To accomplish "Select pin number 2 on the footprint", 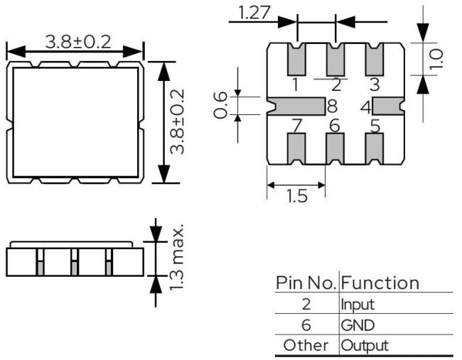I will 335,86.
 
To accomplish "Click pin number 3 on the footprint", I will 375,86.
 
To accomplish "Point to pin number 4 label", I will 365,107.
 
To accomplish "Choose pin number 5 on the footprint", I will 375,126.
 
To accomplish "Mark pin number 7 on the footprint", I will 296,126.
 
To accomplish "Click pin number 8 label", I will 332,107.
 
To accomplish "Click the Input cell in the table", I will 357,304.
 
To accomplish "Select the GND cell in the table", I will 356,325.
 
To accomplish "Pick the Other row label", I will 307,346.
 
